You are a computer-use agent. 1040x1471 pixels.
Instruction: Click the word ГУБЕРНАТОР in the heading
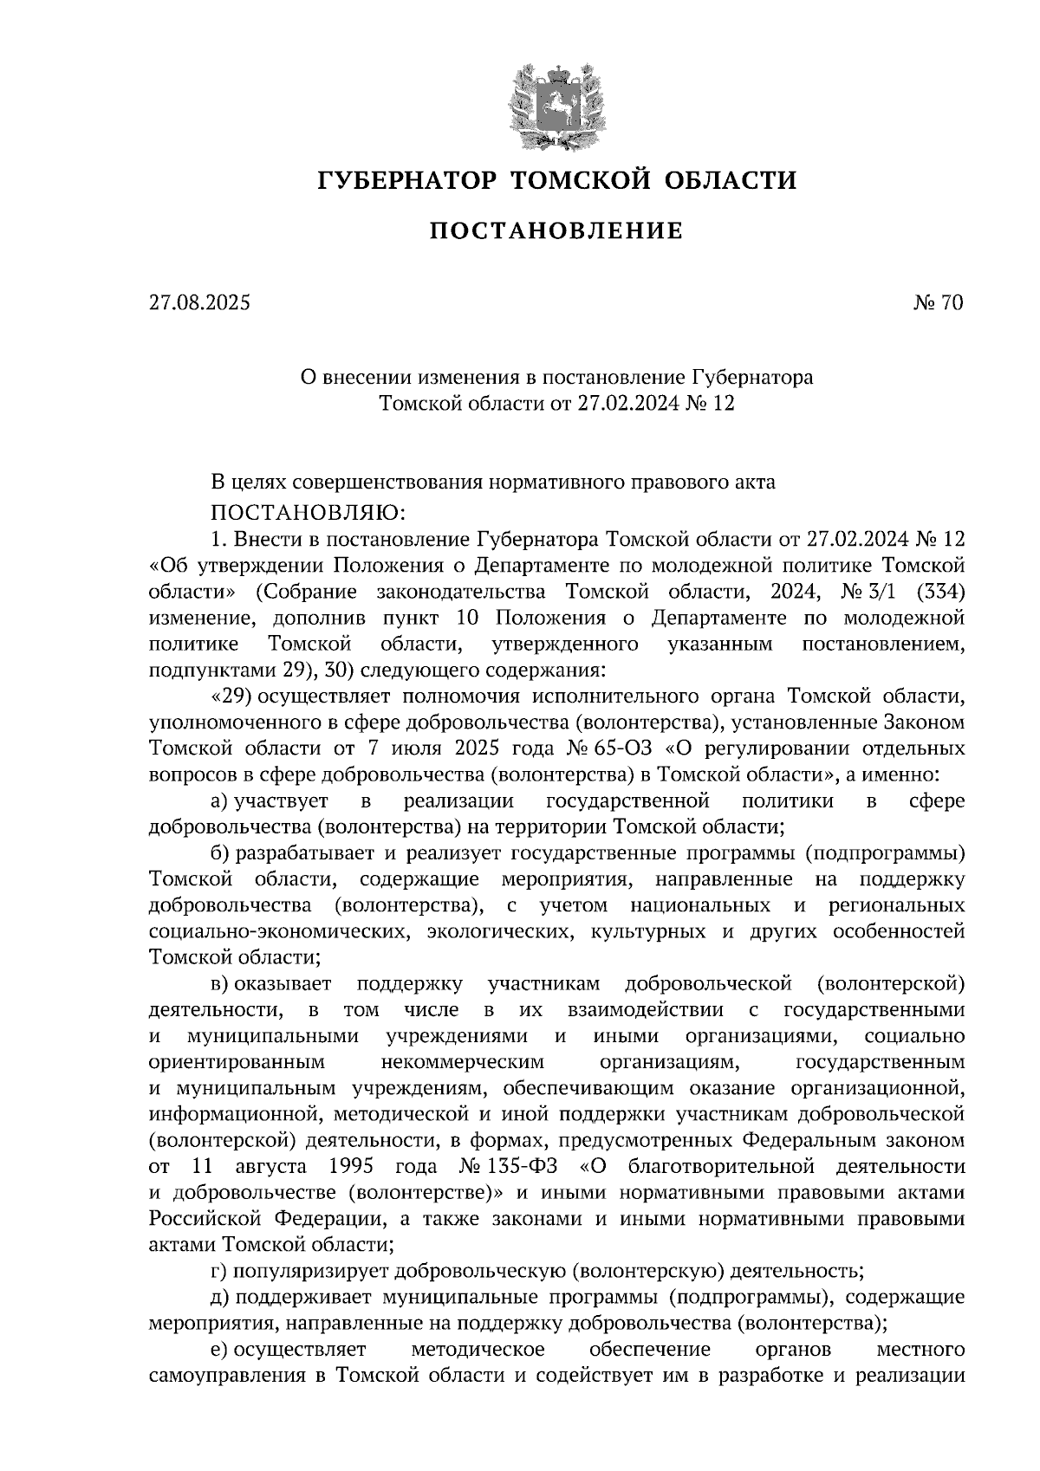(408, 180)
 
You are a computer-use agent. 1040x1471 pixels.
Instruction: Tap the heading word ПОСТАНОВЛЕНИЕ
(556, 231)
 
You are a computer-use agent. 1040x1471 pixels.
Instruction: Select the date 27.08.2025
(198, 303)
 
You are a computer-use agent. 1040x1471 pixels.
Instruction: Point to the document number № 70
(938, 303)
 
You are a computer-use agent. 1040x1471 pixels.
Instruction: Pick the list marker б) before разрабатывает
(221, 853)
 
